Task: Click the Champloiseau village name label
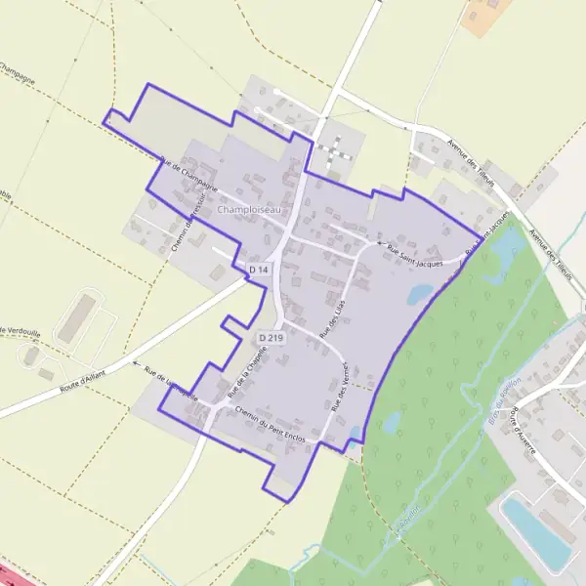(x=252, y=209)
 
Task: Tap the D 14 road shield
(x=258, y=269)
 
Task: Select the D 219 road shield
(x=272, y=338)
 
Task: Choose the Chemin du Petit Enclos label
(x=271, y=427)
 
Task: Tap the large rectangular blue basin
(x=537, y=531)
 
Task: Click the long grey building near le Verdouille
(x=75, y=316)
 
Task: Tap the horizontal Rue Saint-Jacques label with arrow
(x=414, y=255)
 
